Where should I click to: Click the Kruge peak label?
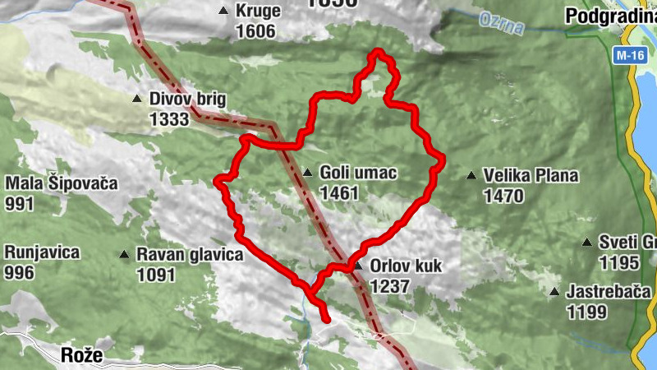(x=258, y=11)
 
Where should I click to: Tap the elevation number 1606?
(x=255, y=31)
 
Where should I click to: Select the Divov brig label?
(x=187, y=99)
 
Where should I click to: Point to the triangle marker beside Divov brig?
(x=137, y=99)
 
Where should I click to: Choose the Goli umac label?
(x=358, y=173)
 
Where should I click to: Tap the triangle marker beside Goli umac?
(x=307, y=173)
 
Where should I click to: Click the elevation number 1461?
(x=340, y=193)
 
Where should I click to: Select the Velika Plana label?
(x=531, y=175)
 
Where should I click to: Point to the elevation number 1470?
(x=503, y=196)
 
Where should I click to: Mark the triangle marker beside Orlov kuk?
(x=357, y=266)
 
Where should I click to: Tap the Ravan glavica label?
(x=190, y=255)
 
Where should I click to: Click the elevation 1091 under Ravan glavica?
(x=157, y=275)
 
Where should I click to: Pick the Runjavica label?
(x=42, y=252)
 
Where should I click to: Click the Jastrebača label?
(x=609, y=292)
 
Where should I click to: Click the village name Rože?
(x=82, y=355)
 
